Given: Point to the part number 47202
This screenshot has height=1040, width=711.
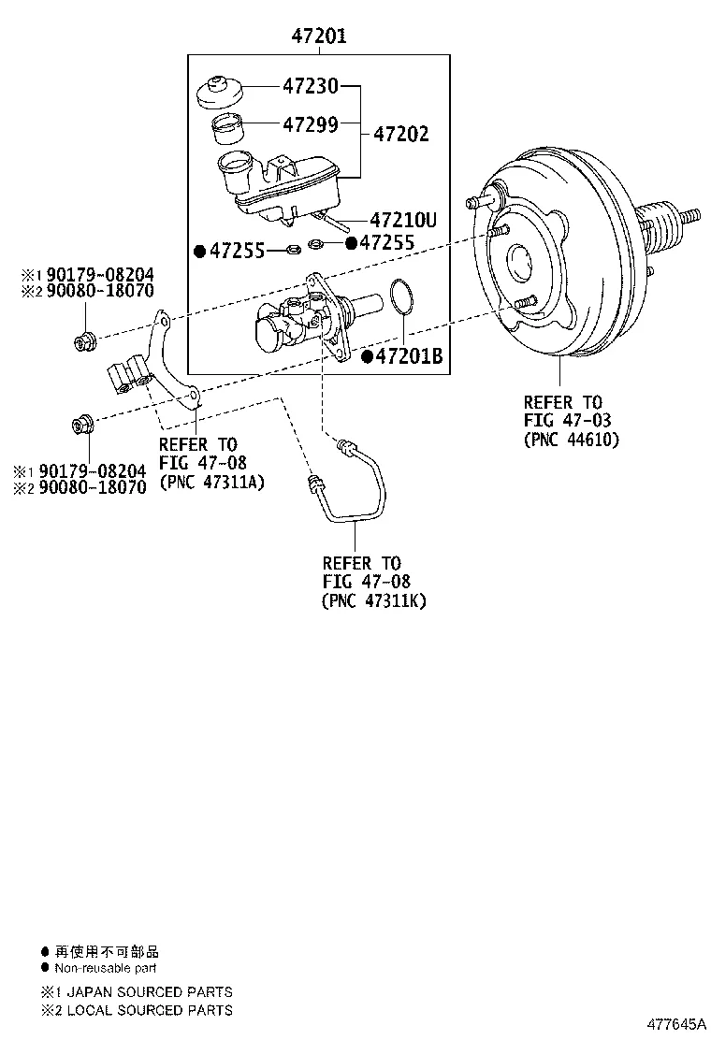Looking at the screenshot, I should click(401, 134).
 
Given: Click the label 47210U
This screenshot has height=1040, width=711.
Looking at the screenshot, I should click(404, 221).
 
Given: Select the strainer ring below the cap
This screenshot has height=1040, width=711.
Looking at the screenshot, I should click(227, 126).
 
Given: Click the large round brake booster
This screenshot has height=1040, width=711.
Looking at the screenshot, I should click(557, 267).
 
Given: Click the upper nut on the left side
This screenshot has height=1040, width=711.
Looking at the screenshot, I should click(83, 340).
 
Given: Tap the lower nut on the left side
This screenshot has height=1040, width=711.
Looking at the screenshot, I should click(83, 426).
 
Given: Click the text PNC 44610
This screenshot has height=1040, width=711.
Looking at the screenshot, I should click(572, 440).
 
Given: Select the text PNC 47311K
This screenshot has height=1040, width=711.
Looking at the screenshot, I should click(373, 600).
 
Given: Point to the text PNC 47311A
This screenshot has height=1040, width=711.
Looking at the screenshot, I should click(212, 482).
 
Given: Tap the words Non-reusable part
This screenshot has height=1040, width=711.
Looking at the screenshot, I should click(106, 968).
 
